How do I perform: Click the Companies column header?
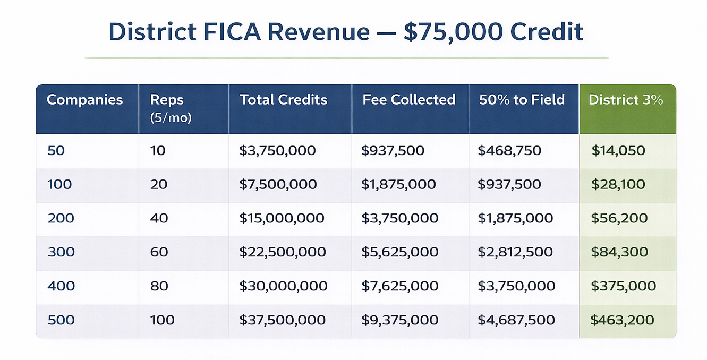pos(84,100)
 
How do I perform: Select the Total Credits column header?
pos(283,100)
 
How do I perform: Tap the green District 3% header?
pos(626,100)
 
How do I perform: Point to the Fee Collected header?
pos(408,100)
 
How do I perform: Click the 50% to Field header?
pos(522,100)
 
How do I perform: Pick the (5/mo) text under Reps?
pos(171,118)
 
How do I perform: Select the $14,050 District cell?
pos(618,151)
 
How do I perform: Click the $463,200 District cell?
pos(622,320)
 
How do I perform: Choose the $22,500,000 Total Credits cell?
pos(283,252)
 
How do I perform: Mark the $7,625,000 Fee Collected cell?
pos(399,286)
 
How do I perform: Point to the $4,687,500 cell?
pos(516,320)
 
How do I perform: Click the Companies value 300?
pos(61,252)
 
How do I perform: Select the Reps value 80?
pos(159,286)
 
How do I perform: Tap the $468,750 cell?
pos(509,151)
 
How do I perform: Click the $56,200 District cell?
pos(619,218)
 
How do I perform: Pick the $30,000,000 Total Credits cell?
pos(283,286)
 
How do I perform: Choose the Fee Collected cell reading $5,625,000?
pos(399,252)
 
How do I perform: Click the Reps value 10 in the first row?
pos(158,151)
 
